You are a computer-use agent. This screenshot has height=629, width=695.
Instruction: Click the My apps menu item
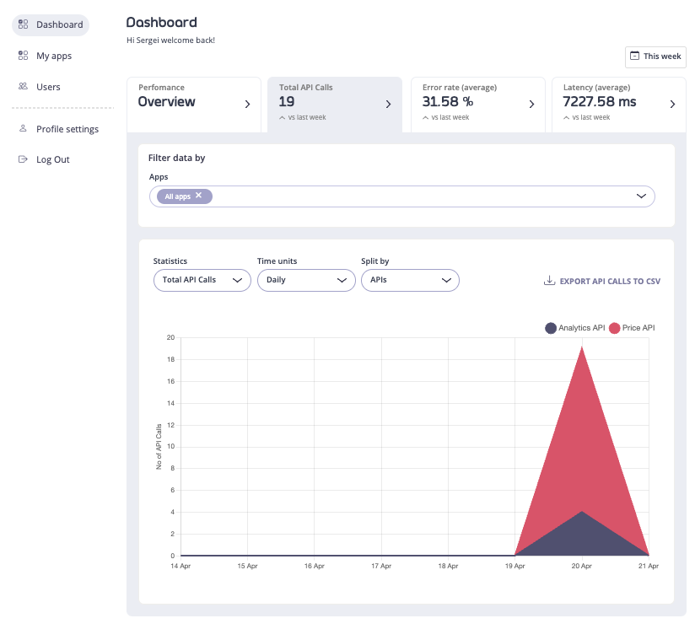click(x=53, y=56)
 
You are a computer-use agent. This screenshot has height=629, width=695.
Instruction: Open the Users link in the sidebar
click(x=47, y=87)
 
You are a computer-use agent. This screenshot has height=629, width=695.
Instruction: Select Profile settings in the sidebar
click(x=67, y=129)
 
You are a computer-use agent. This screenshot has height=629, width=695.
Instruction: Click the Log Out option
click(x=52, y=159)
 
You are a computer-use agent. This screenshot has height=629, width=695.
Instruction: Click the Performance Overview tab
click(x=194, y=103)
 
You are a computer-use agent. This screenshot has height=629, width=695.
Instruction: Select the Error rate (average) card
click(x=477, y=103)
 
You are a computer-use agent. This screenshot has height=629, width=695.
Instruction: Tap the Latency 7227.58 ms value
click(x=600, y=102)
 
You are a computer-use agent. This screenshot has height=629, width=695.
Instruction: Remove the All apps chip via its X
click(x=199, y=196)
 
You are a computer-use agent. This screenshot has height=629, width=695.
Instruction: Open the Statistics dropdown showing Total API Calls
click(x=202, y=280)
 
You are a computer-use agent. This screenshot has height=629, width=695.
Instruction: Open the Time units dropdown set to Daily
click(x=305, y=280)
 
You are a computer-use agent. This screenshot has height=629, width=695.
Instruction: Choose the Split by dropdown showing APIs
click(x=409, y=280)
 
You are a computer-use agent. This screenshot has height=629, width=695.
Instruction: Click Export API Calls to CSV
click(x=602, y=281)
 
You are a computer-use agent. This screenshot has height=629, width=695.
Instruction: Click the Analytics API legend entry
click(x=575, y=327)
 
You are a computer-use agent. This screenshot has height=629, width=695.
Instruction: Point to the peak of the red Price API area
click(x=582, y=348)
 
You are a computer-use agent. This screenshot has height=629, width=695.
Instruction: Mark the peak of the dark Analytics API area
click(x=582, y=512)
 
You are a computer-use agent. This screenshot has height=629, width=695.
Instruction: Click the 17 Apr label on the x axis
click(x=381, y=567)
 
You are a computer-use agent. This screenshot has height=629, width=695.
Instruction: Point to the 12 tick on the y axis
click(x=170, y=425)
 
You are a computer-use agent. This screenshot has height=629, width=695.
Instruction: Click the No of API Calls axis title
click(x=159, y=446)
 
